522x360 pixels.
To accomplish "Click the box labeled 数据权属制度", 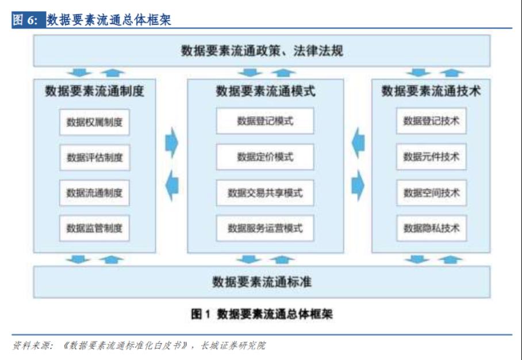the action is (x=94, y=122).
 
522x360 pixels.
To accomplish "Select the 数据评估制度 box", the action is (x=94, y=157).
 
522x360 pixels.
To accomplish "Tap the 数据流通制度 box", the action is (x=94, y=193).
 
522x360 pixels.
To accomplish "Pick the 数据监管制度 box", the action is (x=94, y=228).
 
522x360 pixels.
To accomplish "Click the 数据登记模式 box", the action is (x=265, y=121).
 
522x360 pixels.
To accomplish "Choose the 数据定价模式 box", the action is (x=265, y=157).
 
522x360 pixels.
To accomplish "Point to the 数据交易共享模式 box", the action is (x=265, y=193).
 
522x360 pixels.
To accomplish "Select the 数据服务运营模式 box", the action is (x=265, y=228).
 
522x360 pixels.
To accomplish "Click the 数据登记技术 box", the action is (x=431, y=121).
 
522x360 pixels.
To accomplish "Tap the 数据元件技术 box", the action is (x=431, y=157).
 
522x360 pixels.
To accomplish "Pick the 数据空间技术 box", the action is (x=431, y=193).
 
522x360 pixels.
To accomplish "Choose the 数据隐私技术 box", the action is (x=431, y=228).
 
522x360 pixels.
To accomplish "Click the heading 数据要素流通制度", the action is (x=94, y=91).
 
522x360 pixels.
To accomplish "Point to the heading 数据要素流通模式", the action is (x=266, y=91).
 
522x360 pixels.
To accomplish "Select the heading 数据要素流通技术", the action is (x=431, y=91).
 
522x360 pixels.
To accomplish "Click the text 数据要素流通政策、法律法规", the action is (x=262, y=51).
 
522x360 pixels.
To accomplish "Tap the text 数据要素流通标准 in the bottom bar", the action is (x=262, y=282).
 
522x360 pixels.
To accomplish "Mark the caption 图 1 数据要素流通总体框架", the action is (x=262, y=314).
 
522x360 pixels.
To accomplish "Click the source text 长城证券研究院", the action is (x=233, y=346).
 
